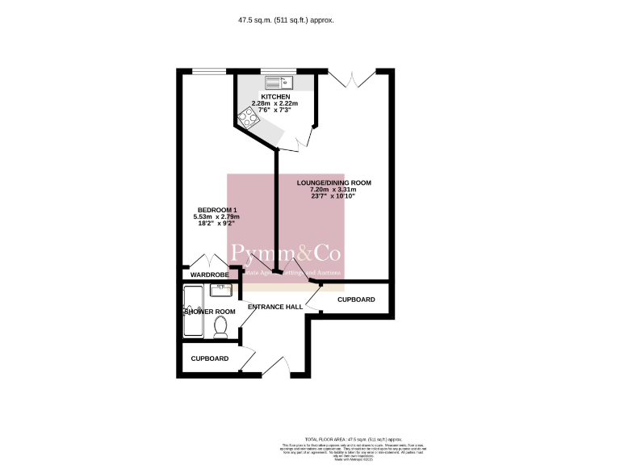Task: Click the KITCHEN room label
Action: point(275,97)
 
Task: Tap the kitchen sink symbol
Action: point(279,81)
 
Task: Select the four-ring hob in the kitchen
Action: point(248,119)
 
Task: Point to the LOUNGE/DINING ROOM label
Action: point(333,183)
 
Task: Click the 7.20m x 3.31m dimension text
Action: point(333,190)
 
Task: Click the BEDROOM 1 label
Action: point(216,210)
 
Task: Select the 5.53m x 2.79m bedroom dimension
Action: point(216,216)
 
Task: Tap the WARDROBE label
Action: point(209,275)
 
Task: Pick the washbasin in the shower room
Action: point(220,291)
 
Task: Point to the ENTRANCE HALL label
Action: point(274,307)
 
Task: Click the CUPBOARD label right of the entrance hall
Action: point(355,300)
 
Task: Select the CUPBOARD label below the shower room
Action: point(209,358)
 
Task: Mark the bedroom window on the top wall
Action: point(208,71)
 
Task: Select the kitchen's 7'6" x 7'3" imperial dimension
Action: point(275,111)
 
